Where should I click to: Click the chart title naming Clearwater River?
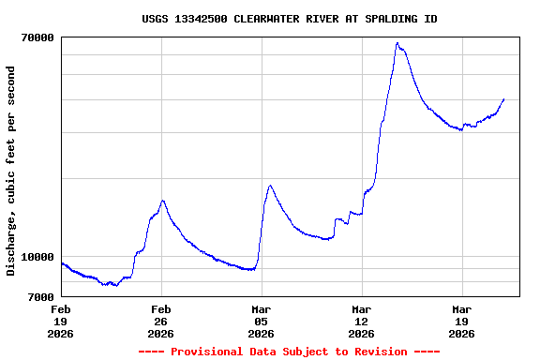coord(289,19)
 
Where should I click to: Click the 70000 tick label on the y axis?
coord(37,37)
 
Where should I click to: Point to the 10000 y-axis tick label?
coord(37,257)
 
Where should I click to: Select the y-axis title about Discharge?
coord(11,171)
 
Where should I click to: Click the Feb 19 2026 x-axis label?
coord(61,321)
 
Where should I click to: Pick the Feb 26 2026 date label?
coord(161,321)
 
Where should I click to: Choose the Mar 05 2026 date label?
coord(262,321)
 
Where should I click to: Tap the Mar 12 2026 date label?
coord(362,321)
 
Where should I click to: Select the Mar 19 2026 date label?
coord(462,321)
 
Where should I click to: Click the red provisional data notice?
coord(289,352)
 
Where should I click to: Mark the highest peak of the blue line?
coord(397,43)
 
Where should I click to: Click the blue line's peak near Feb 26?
coord(163,201)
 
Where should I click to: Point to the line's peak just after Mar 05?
coord(270,186)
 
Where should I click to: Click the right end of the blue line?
coord(504,98)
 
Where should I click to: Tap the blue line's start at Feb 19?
coord(62,263)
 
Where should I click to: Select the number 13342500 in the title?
coord(198,19)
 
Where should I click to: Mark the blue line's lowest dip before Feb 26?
coord(114,285)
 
